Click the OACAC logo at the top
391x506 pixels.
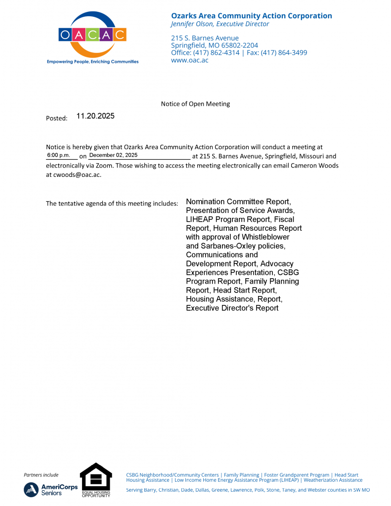pos(92,35)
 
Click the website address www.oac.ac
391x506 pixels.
pos(190,60)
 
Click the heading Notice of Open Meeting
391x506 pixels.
pos(195,104)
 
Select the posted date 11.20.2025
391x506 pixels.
pos(95,117)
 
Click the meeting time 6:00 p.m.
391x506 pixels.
pos(59,156)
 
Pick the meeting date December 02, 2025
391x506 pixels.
pos(113,156)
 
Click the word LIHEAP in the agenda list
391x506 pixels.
pos(200,219)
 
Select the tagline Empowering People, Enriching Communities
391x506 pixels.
pos(92,62)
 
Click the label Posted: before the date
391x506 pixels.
pos(56,119)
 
